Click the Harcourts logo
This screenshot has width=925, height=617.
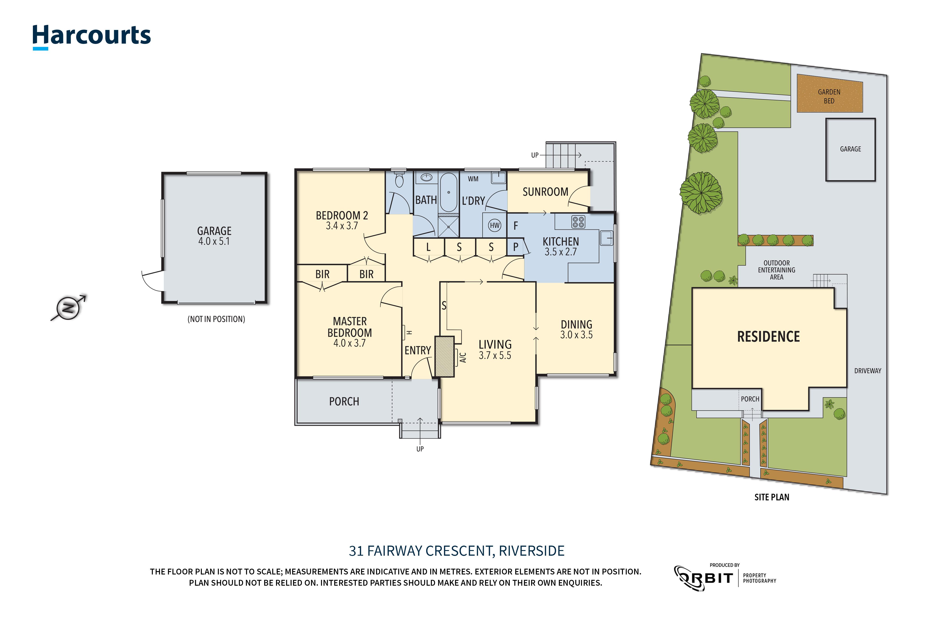coord(91,36)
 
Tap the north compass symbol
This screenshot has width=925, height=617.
coord(68,308)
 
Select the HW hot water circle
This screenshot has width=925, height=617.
coord(494,226)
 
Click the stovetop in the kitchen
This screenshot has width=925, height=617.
coord(578,222)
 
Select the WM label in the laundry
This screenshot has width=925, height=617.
coord(473,179)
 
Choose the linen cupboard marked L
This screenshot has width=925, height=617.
coord(428,247)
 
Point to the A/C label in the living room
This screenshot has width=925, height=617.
coord(463,357)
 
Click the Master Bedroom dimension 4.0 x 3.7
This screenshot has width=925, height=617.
coord(349,343)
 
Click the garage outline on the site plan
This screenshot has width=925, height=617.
coord(850,149)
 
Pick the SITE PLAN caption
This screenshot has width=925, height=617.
coord(772,497)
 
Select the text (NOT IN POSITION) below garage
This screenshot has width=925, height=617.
coord(216,319)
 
